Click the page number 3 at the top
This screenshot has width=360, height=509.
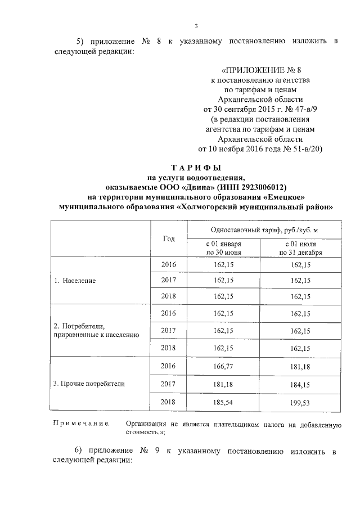point(196,26)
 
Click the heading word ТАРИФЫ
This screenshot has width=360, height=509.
point(196,168)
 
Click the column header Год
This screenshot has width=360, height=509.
point(169,238)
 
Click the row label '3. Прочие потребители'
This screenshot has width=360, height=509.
point(88,384)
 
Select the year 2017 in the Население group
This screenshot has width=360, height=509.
point(169,280)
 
